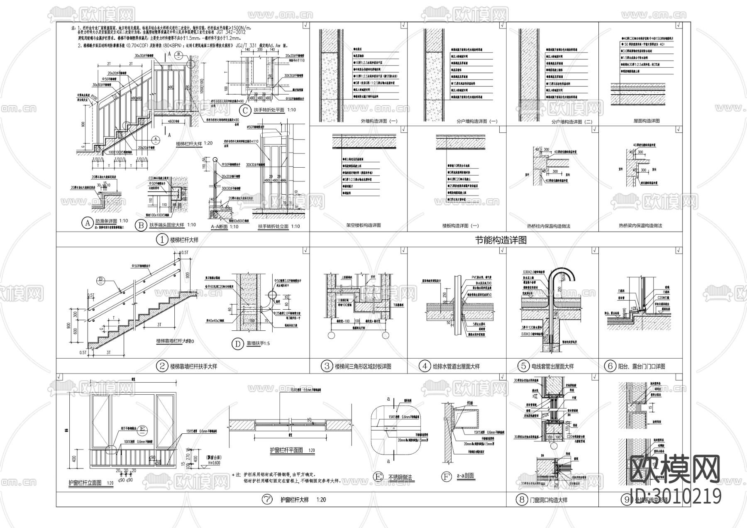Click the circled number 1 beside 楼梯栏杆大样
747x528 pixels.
[x=161, y=240]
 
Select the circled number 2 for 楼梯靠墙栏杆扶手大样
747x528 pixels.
[x=161, y=366]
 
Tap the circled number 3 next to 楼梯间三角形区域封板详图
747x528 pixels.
[x=327, y=366]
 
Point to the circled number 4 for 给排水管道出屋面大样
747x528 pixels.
[x=425, y=366]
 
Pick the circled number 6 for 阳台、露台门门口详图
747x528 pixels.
[x=610, y=366]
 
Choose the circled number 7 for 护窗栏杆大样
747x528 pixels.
[x=267, y=500]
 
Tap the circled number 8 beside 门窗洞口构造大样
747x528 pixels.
[x=522, y=500]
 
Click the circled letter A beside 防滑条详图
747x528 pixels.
[x=87, y=223]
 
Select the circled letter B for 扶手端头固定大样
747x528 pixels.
[x=141, y=225]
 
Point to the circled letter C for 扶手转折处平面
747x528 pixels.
[x=245, y=110]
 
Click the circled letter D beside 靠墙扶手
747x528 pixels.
[x=238, y=344]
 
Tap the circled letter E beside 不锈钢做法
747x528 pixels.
[x=378, y=477]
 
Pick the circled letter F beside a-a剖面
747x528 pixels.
[x=446, y=477]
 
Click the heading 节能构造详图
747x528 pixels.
[x=500, y=240]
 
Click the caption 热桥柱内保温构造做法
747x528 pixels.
[x=548, y=226]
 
